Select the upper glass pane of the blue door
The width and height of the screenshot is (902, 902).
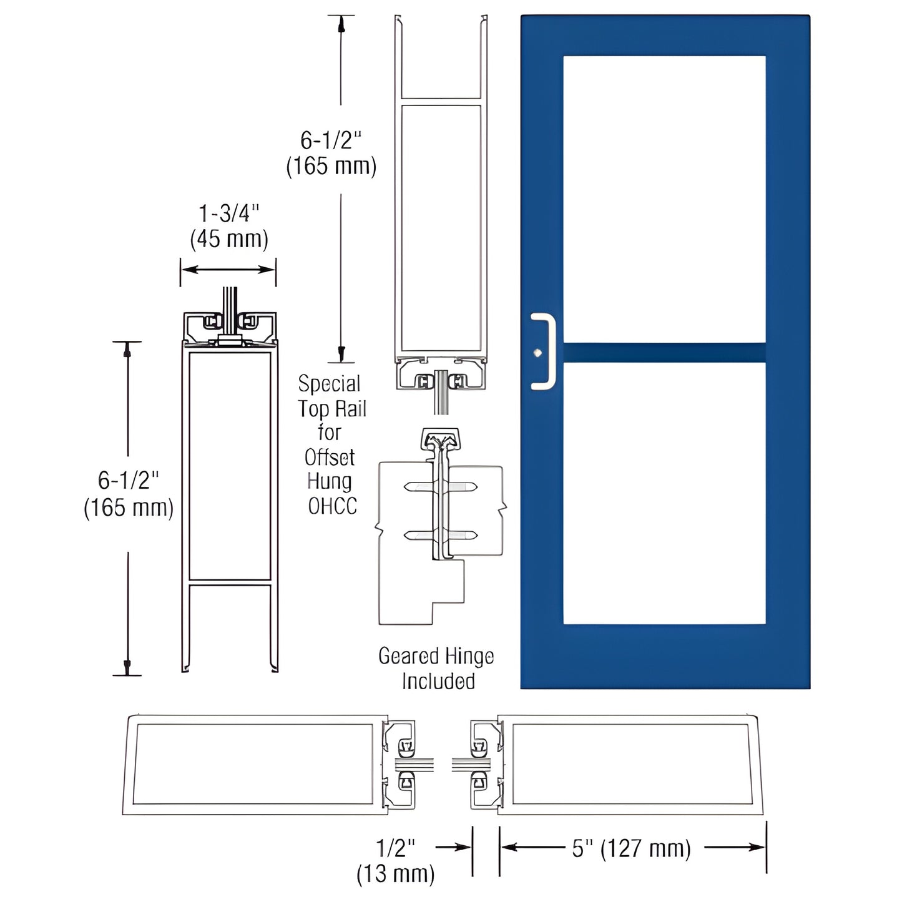click(664, 199)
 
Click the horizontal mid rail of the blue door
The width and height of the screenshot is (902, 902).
click(664, 352)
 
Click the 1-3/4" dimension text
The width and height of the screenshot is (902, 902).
click(228, 214)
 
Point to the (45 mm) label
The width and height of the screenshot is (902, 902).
click(228, 239)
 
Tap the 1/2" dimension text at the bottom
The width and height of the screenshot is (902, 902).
click(396, 848)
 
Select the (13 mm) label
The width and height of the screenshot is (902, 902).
click(395, 873)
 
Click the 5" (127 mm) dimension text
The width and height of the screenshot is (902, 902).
click(631, 848)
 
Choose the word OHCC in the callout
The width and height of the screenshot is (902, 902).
click(333, 506)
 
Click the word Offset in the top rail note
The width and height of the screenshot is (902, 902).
click(330, 458)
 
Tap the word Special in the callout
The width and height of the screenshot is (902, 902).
click(329, 383)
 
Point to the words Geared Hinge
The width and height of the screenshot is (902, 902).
click(436, 656)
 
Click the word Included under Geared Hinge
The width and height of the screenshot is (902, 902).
click(438, 681)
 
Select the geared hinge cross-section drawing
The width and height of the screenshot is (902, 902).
click(440, 524)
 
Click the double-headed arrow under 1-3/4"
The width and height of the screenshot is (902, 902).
click(228, 270)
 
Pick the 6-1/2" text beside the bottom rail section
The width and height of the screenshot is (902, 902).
click(129, 481)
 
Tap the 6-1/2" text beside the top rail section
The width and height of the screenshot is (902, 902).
click(331, 140)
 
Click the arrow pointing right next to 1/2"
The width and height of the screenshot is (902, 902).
click(454, 847)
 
